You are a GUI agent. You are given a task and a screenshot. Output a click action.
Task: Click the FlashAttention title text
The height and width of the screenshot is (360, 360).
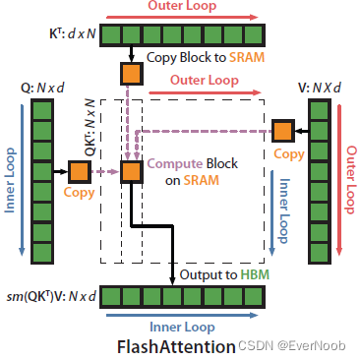tap(176, 346)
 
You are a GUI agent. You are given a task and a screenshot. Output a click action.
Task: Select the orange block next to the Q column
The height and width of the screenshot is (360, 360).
tap(80, 172)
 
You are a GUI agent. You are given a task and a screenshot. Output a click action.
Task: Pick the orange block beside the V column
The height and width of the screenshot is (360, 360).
tap(283, 129)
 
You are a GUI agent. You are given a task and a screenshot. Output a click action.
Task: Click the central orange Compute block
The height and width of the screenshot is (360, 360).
tap(131, 172)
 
